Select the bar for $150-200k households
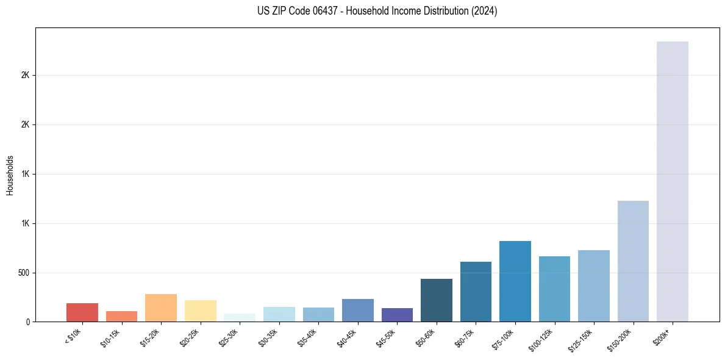(633, 261)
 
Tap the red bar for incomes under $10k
(82, 312)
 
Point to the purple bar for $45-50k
(397, 315)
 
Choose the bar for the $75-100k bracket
(515, 281)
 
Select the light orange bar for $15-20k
(161, 308)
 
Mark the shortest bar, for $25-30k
(240, 318)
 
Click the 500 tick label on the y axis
(24, 273)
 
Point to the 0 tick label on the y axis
(28, 322)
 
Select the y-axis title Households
(10, 175)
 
